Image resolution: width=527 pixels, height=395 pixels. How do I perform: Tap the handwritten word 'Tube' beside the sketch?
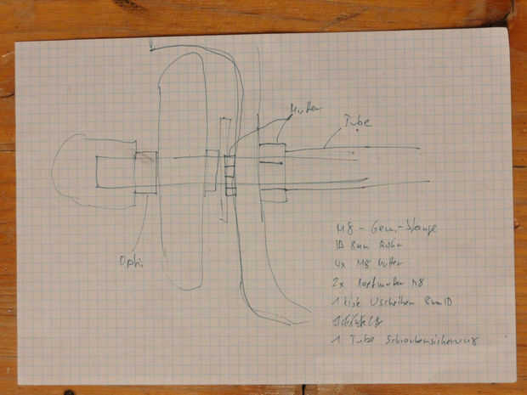(x=356, y=123)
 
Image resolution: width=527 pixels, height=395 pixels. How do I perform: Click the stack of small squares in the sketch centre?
(x=229, y=174)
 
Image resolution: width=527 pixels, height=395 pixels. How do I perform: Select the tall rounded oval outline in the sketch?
(x=181, y=170)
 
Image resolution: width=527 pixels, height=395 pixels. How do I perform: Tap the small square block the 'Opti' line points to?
(x=145, y=172)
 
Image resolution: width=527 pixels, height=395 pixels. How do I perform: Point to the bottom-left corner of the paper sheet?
(x=24, y=379)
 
